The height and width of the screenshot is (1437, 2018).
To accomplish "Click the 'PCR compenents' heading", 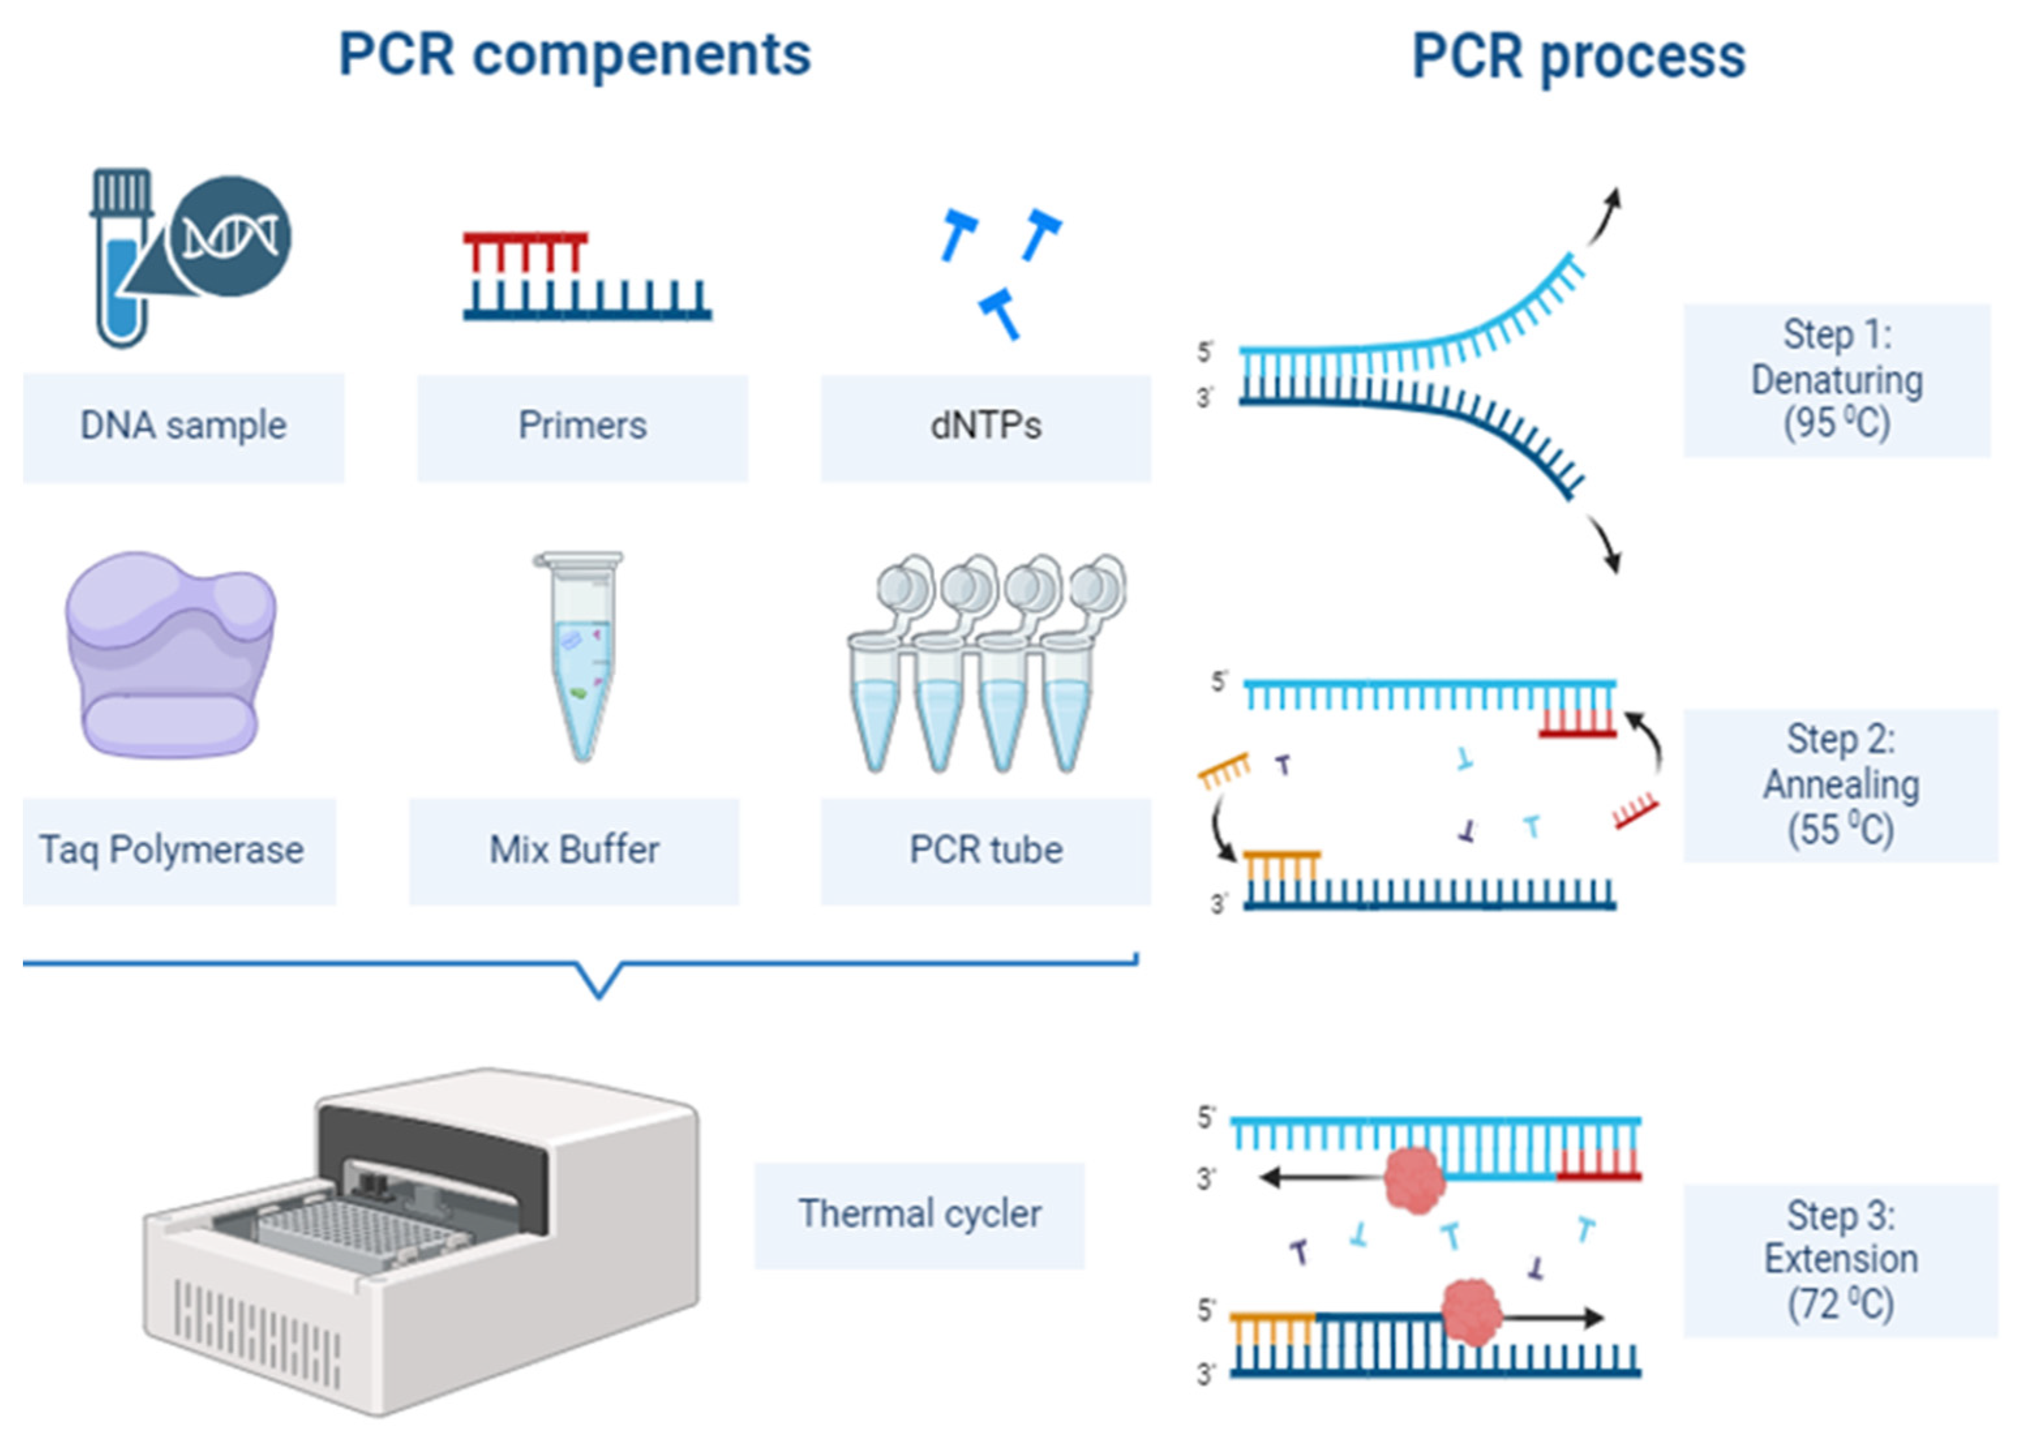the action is (575, 55).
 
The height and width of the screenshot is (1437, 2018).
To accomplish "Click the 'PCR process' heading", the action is (1579, 57).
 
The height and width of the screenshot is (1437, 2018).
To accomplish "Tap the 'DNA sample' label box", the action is (183, 428).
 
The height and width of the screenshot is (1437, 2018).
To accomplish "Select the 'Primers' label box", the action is (582, 428).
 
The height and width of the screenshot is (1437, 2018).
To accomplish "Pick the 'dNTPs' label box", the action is (986, 428).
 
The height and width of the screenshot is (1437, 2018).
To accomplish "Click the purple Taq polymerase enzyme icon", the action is (170, 654).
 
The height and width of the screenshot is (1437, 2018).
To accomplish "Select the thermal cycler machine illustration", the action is (421, 1239).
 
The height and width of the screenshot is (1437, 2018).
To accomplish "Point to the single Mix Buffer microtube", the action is (580, 657).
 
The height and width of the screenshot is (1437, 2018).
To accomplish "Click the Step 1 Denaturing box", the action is (1837, 381).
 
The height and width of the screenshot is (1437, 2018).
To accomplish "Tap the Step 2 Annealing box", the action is (1840, 786).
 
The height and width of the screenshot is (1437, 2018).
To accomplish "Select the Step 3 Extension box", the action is (1840, 1261).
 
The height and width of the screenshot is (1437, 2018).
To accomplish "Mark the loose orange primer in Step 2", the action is (1224, 771).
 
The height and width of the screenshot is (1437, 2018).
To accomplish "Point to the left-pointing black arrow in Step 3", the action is (1323, 1178).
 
